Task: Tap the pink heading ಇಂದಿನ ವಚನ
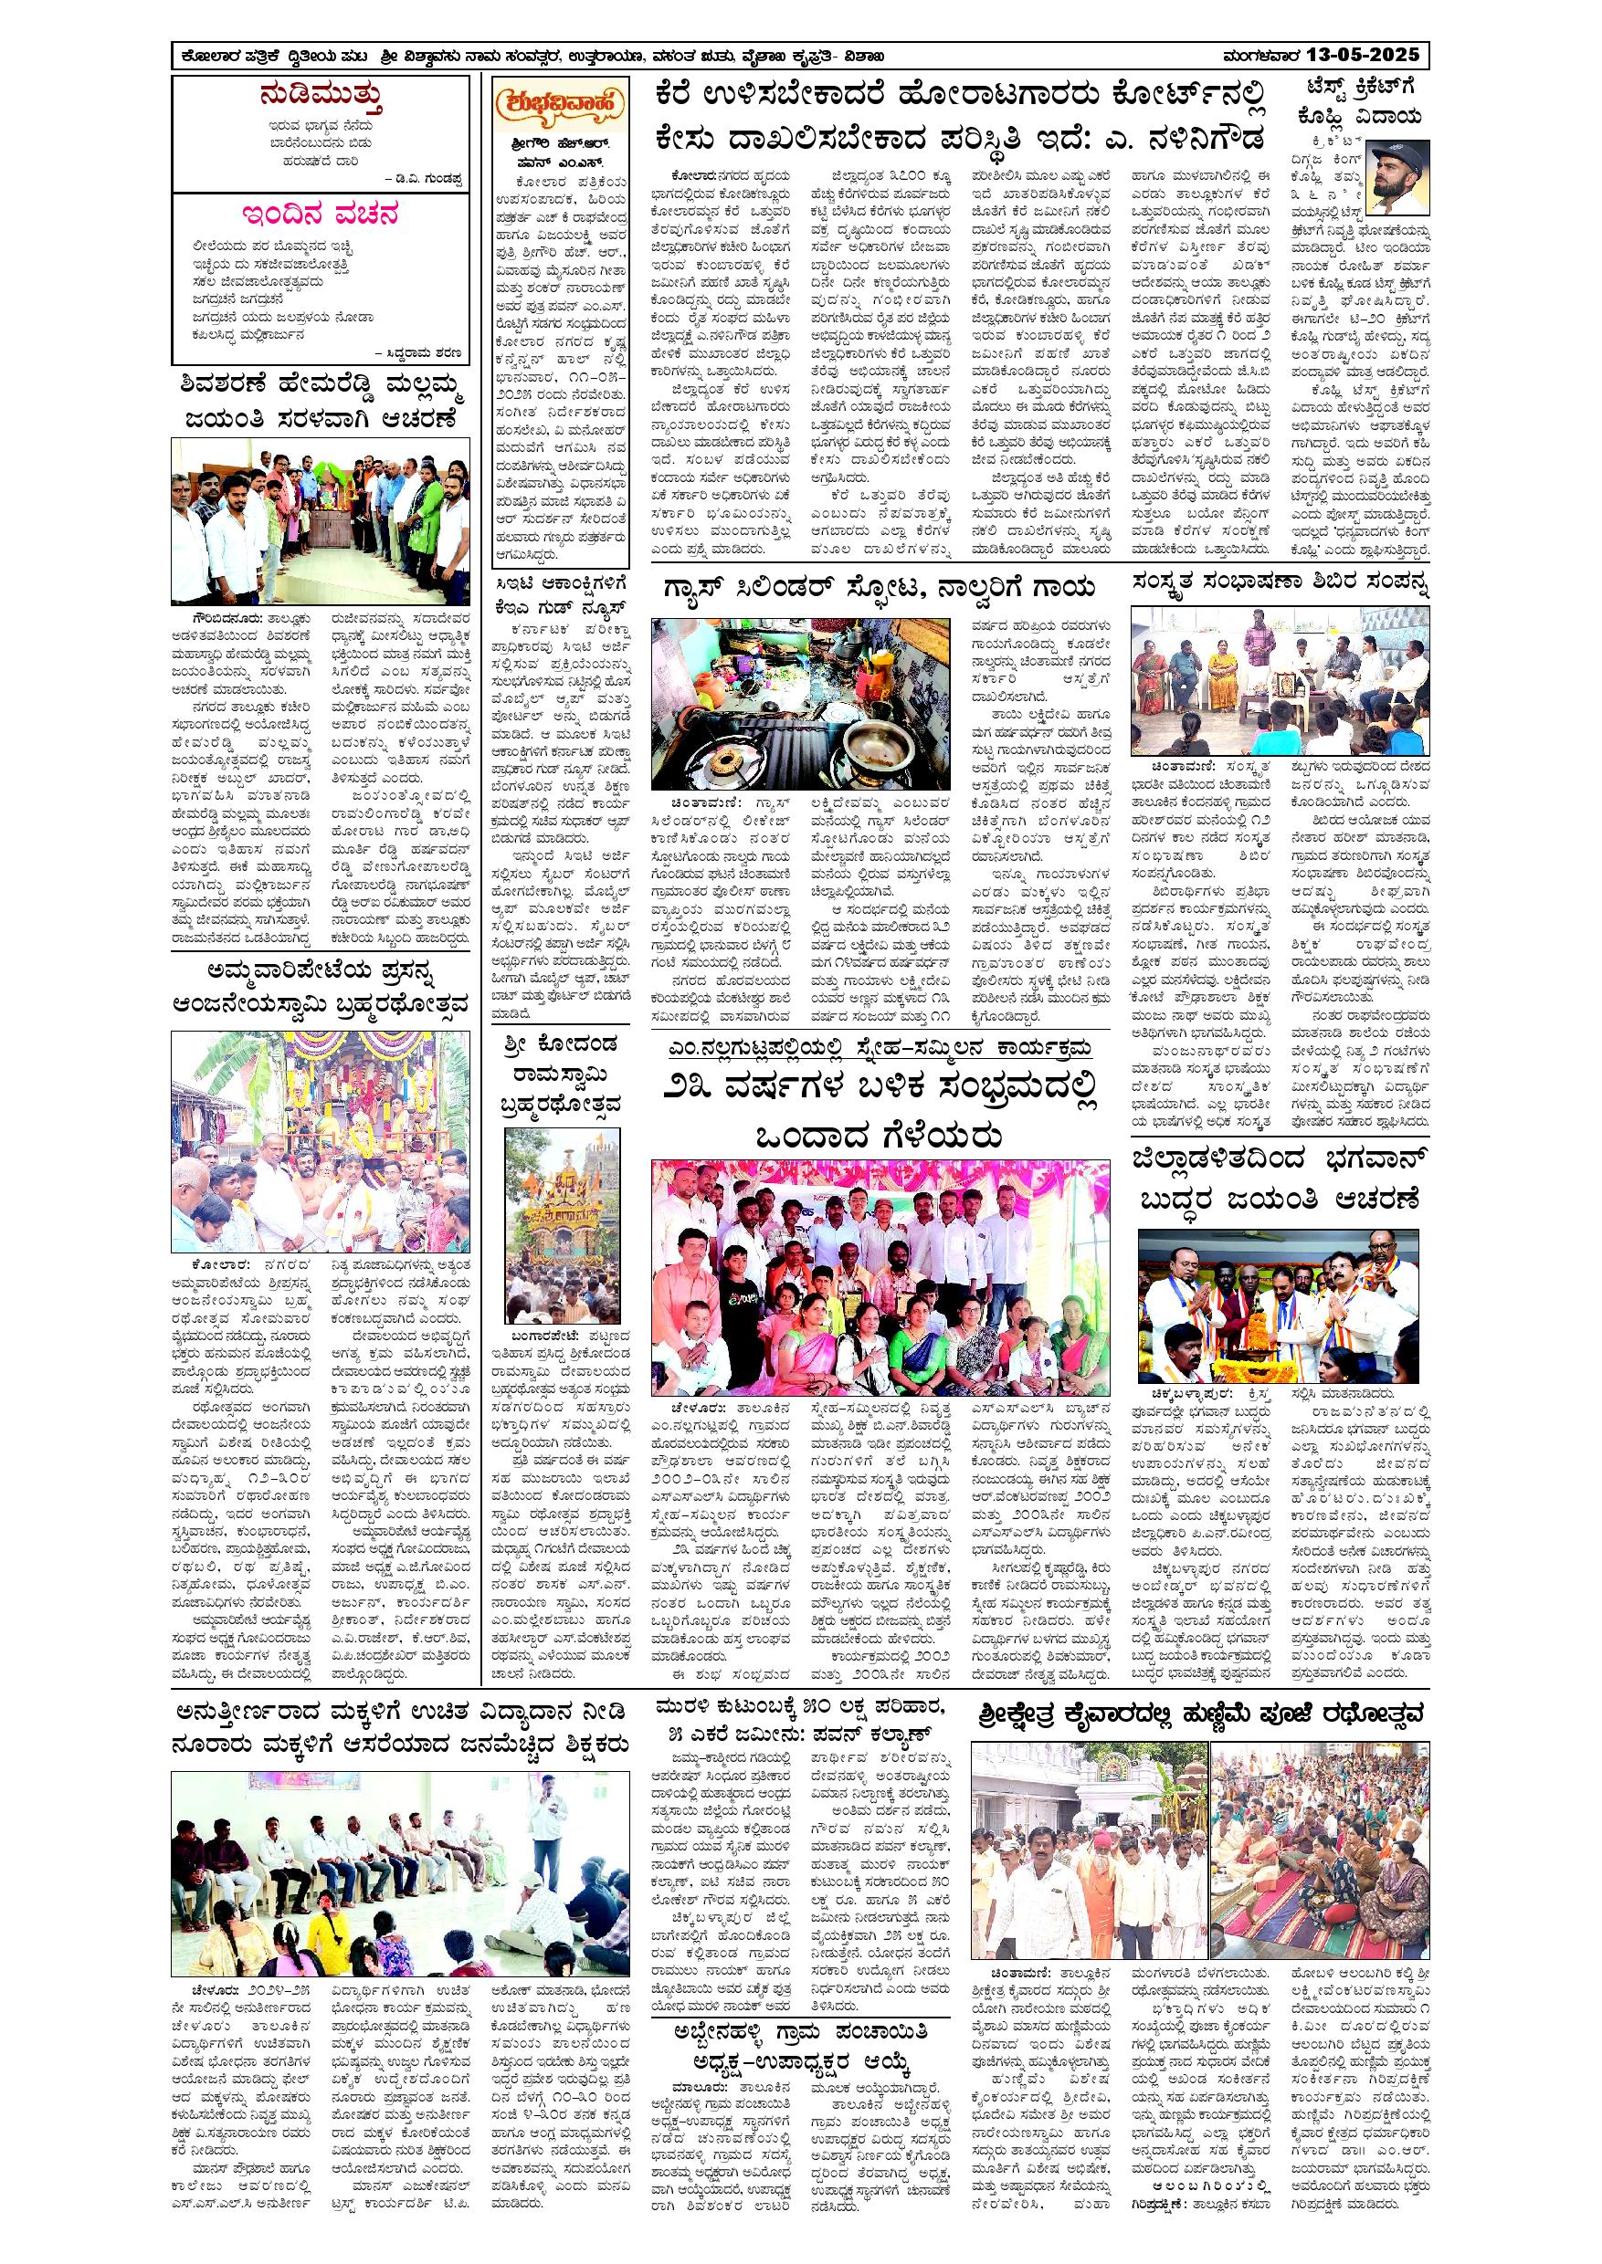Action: (321, 215)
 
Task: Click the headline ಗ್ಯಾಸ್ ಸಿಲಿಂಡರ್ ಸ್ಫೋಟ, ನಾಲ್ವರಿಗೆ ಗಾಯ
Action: (878, 589)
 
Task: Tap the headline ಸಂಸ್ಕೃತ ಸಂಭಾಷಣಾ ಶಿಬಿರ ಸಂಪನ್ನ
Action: (1281, 582)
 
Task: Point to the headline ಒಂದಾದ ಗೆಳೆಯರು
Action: (878, 1137)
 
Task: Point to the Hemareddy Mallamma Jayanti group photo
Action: (320, 520)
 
